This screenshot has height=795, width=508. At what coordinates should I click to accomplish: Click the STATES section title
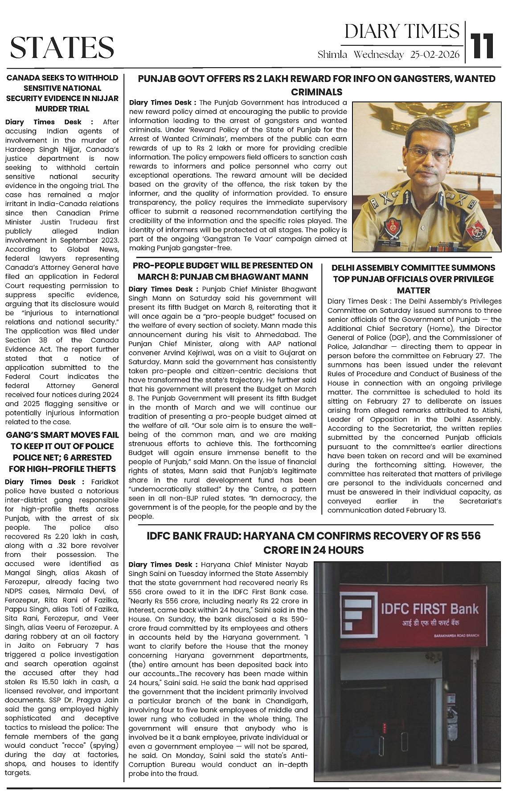[x=62, y=47]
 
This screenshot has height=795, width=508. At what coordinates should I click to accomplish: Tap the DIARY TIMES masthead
[x=402, y=31]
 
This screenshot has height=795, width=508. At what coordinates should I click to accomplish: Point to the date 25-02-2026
[x=435, y=55]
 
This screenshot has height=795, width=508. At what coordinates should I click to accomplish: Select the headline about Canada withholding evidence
[x=62, y=93]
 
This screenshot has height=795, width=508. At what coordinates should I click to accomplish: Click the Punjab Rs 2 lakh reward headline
[x=316, y=85]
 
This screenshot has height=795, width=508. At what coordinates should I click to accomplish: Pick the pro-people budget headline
[x=223, y=271]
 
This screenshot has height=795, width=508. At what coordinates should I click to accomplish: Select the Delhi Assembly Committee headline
[x=413, y=279]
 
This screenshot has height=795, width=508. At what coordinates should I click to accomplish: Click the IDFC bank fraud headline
[x=313, y=543]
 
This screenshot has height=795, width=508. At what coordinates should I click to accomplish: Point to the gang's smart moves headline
[x=62, y=451]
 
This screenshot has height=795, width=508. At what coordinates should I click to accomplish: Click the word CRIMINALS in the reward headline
[x=316, y=92]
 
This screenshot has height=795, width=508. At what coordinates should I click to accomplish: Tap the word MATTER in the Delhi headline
[x=413, y=290]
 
